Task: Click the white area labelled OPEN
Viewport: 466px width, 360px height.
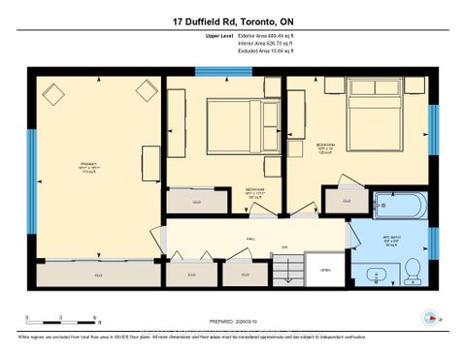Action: tap(326, 271)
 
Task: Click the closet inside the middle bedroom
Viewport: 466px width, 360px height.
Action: tap(196, 202)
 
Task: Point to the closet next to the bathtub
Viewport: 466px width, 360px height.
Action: tap(347, 201)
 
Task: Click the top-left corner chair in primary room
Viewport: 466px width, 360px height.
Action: tap(52, 93)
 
